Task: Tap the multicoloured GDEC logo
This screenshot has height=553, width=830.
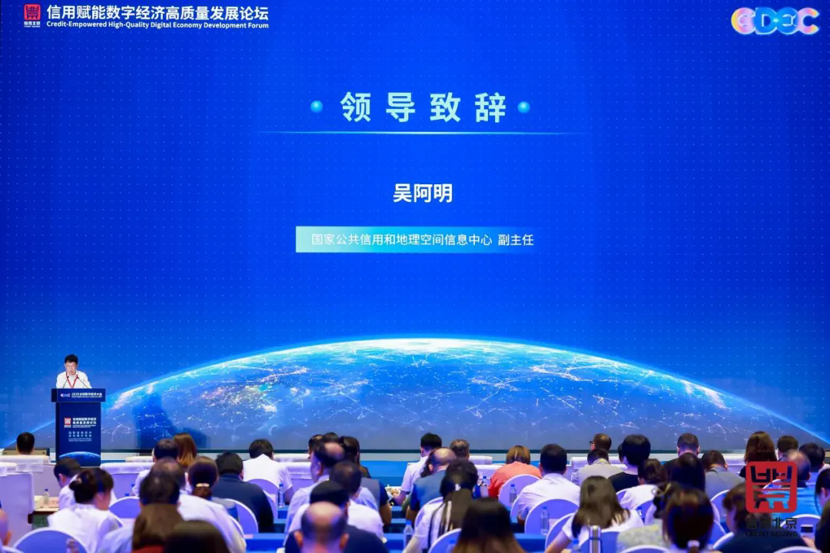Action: click(775, 21)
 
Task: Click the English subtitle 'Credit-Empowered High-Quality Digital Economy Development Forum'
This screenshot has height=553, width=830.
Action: click(158, 25)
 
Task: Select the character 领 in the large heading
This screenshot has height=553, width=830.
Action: click(355, 108)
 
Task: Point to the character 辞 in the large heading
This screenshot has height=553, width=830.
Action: click(490, 108)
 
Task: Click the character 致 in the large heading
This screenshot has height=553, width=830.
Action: click(445, 108)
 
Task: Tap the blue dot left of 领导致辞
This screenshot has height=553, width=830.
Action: click(316, 107)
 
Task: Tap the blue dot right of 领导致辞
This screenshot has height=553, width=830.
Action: click(523, 107)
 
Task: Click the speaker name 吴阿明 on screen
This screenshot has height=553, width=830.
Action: click(422, 193)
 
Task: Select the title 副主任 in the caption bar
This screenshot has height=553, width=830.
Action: click(515, 240)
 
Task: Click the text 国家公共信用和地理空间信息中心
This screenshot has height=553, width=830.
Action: click(401, 240)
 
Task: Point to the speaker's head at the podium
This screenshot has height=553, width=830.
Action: click(71, 362)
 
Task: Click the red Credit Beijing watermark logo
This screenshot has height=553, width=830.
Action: click(771, 488)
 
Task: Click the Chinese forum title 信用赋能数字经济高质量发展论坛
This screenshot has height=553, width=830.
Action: click(158, 12)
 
